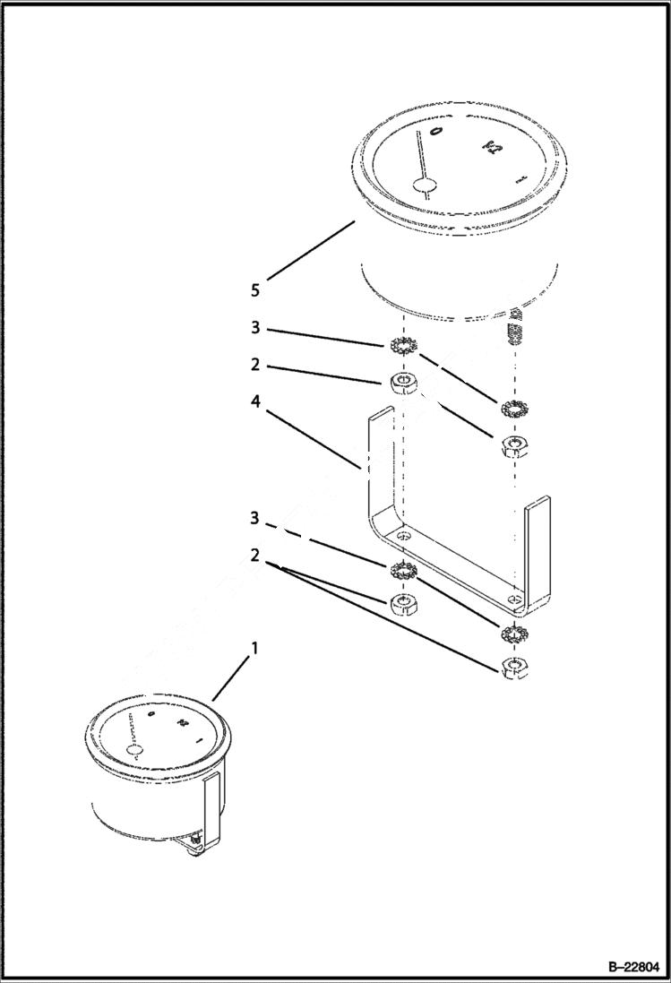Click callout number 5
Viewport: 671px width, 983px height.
(255, 289)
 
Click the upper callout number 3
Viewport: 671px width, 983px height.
(255, 329)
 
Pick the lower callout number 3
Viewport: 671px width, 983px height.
(255, 519)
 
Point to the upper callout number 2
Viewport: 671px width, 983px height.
(255, 366)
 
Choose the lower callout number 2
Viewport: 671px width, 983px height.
(255, 556)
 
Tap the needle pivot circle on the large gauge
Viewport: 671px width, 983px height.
(423, 185)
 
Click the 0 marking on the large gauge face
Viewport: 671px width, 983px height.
(436, 132)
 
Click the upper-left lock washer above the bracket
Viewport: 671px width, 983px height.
(405, 346)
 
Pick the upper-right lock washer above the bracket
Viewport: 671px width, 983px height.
(515, 409)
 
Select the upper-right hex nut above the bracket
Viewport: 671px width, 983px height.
(514, 445)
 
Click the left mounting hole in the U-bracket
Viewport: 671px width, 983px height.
(405, 535)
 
